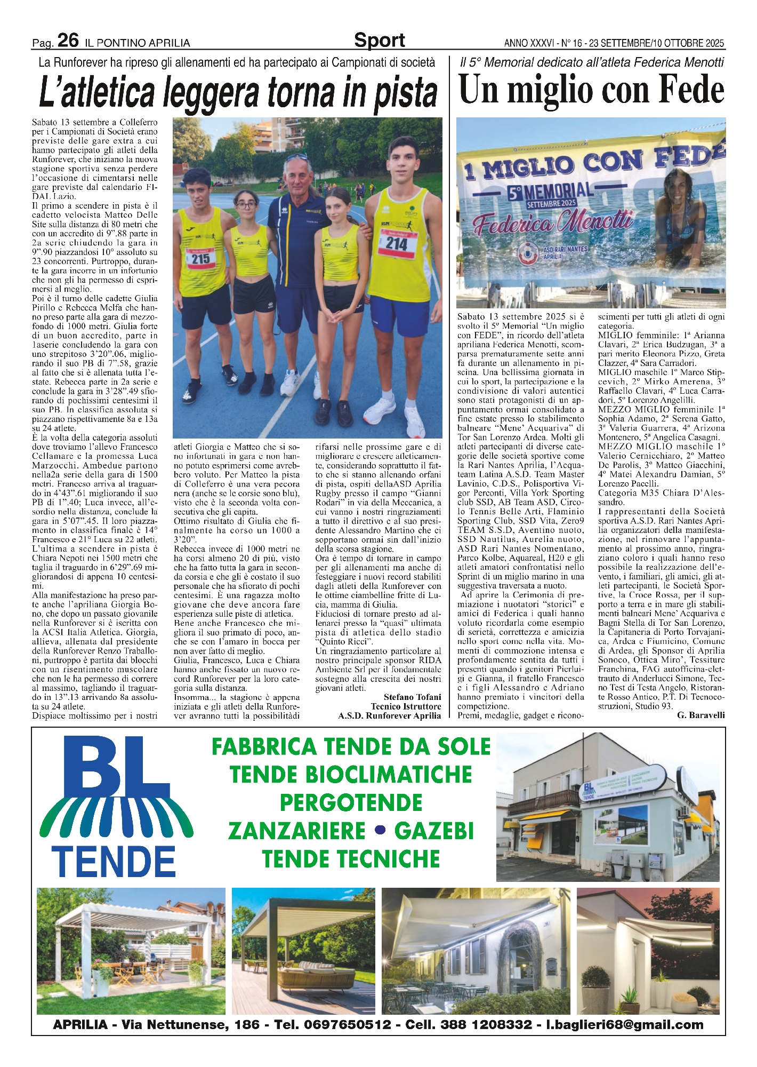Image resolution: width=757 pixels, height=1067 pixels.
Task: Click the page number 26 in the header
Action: click(68, 41)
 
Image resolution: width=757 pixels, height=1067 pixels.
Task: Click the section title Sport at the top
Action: click(379, 41)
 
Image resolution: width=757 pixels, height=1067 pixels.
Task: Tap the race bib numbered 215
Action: click(200, 258)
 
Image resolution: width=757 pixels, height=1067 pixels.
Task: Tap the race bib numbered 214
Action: click(397, 243)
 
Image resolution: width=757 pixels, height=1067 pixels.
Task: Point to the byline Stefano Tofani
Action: click(412, 697)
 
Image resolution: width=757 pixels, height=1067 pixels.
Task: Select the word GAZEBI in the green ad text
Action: click(434, 831)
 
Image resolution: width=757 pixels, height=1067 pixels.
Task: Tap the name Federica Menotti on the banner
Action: click(554, 223)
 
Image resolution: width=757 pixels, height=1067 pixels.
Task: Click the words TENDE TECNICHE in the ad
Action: click(351, 859)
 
